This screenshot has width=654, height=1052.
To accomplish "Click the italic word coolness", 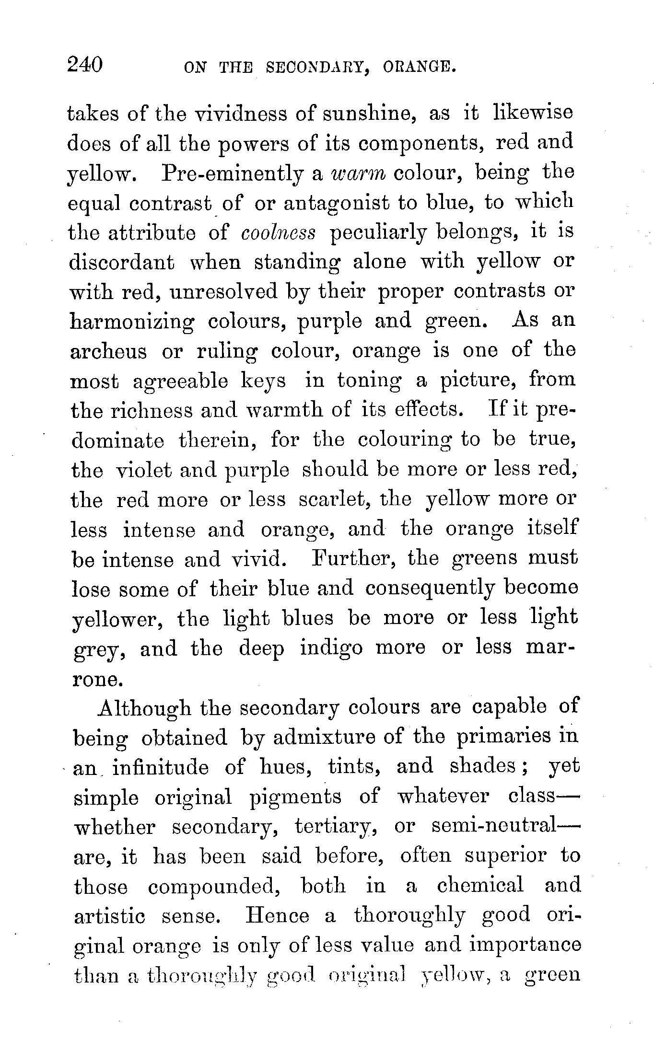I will coord(279,232).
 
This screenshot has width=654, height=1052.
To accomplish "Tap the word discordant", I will coord(122,262).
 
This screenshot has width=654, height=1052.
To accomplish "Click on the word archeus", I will coord(108,352).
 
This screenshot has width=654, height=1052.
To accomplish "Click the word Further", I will coord(355,558).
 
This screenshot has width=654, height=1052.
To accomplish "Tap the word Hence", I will coord(277,916).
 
